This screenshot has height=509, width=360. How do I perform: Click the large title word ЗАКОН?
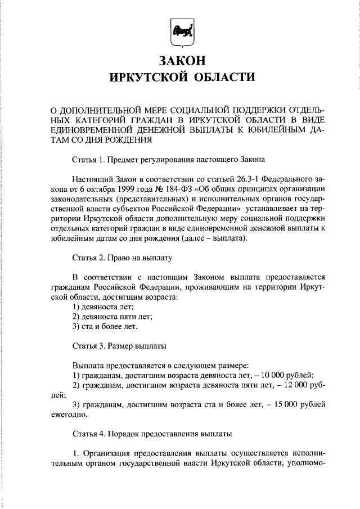point(181,60)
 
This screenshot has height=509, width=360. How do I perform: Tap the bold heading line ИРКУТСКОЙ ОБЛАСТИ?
point(181,77)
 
